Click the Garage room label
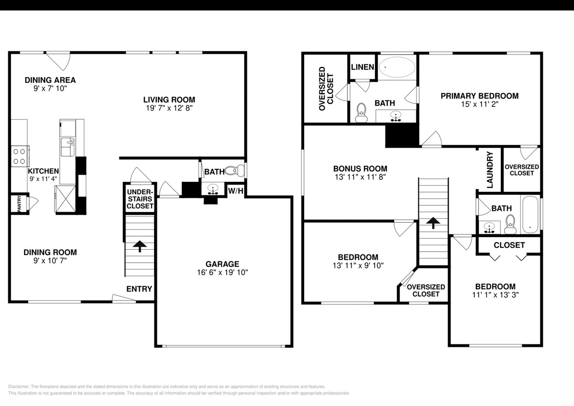[x=222, y=264]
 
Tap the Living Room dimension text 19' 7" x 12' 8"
[x=169, y=108]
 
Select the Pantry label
[x=19, y=203]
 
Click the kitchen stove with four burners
[x=20, y=156]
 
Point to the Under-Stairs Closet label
[x=140, y=199]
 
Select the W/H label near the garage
[x=236, y=191]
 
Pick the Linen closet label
[x=362, y=67]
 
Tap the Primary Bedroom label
[x=479, y=96]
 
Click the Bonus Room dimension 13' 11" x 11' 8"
[x=360, y=177]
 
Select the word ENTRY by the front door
[x=139, y=289]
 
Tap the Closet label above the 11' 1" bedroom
[x=509, y=245]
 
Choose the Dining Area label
[x=50, y=80]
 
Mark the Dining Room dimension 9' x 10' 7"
[x=50, y=261]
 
